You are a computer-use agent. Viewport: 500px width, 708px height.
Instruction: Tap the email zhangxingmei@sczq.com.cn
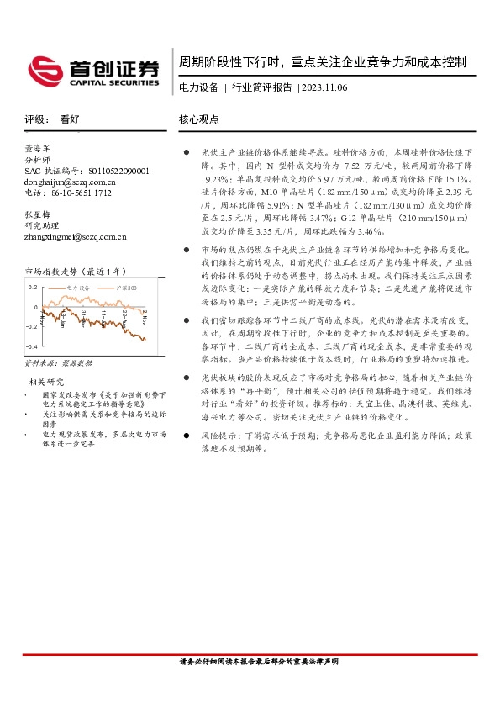click(x=76, y=237)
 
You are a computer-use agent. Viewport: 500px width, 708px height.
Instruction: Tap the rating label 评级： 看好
click(x=52, y=119)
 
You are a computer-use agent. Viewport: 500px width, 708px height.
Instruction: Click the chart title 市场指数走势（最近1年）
click(x=76, y=272)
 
